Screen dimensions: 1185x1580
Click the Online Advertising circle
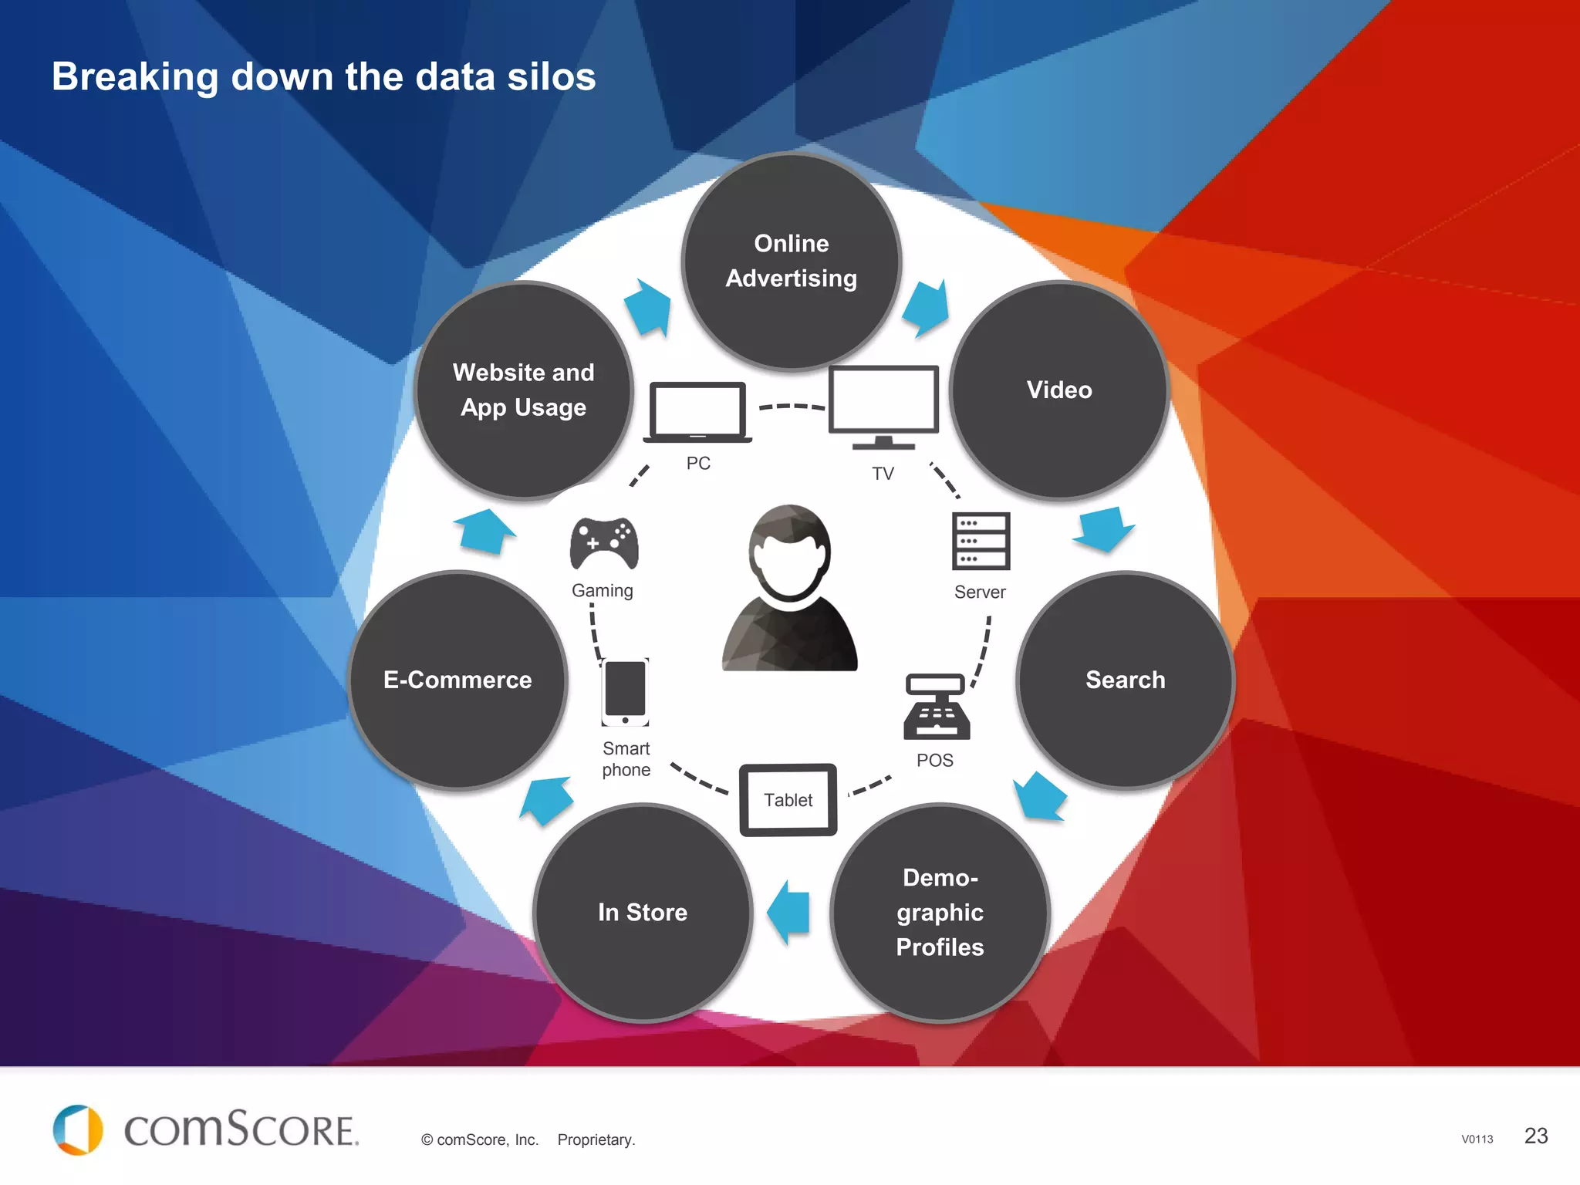point(792,261)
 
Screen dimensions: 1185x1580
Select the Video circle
point(1059,390)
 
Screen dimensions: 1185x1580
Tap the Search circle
point(1126,680)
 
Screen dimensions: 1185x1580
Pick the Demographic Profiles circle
point(940,913)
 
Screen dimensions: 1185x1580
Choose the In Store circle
point(643,913)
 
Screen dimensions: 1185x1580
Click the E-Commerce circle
point(457,680)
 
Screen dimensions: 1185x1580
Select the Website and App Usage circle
point(524,390)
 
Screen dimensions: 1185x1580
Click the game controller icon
point(604,543)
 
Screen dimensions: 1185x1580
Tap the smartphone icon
point(626,692)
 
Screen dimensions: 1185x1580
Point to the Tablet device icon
point(788,800)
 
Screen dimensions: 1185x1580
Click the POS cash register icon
point(937,707)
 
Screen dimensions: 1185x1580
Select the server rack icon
point(981,541)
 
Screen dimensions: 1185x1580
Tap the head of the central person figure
point(789,552)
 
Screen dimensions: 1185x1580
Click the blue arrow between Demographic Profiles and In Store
point(789,912)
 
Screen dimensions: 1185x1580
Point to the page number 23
point(1536,1136)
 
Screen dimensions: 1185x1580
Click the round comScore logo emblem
point(78,1130)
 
